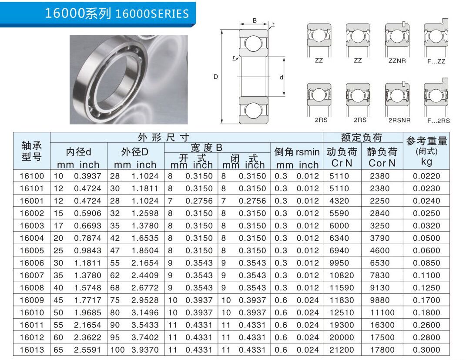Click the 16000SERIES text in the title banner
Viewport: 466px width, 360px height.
(x=152, y=14)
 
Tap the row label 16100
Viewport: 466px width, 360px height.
(x=32, y=176)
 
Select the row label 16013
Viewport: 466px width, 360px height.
(x=32, y=350)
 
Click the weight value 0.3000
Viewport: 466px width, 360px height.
(x=426, y=350)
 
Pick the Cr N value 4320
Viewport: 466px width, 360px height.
(x=339, y=201)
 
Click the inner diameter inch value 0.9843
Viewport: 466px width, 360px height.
(x=87, y=251)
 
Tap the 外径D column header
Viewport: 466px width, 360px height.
(x=134, y=152)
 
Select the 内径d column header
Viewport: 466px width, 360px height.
(x=78, y=152)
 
